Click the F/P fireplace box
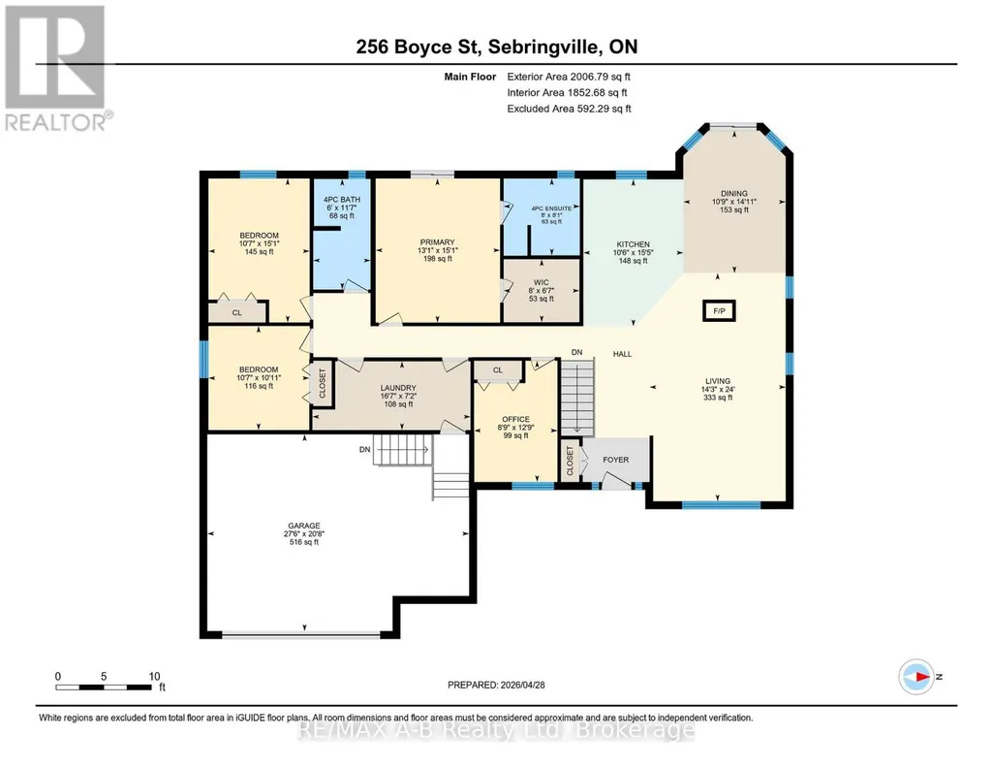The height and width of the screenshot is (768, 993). [719, 311]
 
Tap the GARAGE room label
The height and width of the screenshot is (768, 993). [304, 526]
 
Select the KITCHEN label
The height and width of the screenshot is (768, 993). [634, 244]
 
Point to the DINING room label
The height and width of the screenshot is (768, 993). [734, 194]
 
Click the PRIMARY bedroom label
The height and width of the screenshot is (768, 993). [438, 242]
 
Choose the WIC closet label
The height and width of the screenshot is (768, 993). [542, 282]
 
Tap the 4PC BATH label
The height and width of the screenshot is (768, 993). [342, 200]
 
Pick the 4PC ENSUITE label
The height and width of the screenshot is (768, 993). [551, 208]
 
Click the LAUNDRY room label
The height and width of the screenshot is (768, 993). [398, 388]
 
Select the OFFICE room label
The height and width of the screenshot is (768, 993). [515, 420]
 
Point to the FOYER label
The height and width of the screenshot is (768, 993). [615, 460]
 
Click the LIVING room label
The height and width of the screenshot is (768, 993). [718, 381]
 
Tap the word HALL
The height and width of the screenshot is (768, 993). [623, 354]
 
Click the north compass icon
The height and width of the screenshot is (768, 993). [916, 677]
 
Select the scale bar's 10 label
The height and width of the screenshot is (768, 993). [155, 676]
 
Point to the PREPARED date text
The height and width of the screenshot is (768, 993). [496, 685]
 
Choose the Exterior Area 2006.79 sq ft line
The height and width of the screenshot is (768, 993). [569, 77]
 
